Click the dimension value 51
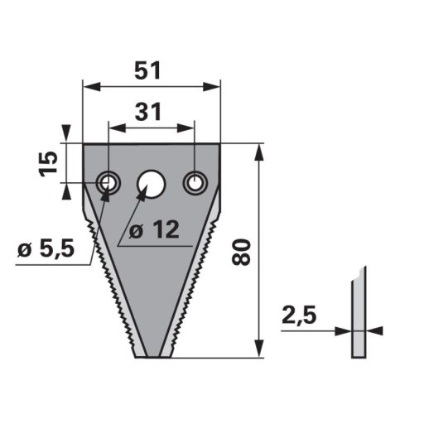[147, 70]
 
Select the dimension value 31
[148, 112]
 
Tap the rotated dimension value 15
[49, 164]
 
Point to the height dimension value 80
[241, 253]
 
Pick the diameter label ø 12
[154, 229]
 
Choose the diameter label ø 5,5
[46, 249]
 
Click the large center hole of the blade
[151, 184]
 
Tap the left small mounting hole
[108, 183]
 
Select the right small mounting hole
[195, 183]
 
